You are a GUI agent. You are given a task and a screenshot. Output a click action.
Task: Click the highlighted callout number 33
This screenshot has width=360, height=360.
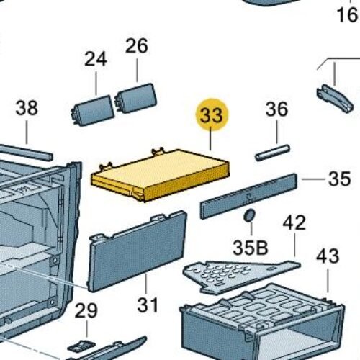click(x=212, y=115)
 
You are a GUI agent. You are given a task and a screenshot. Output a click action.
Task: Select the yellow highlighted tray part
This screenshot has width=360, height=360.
click(x=161, y=175)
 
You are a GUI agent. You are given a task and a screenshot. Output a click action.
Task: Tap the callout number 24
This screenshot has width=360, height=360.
click(x=96, y=59)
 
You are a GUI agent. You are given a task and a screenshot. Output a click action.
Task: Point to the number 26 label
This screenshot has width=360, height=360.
click(x=137, y=46)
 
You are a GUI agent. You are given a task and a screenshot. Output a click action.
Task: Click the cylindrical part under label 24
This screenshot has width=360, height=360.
click(x=93, y=110)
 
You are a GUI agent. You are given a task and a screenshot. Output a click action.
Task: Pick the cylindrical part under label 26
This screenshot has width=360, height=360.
click(x=136, y=98)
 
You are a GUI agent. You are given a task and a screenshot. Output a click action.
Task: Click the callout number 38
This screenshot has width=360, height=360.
click(x=27, y=108)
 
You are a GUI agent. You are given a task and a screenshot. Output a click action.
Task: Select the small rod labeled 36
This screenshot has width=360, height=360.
click(x=272, y=153)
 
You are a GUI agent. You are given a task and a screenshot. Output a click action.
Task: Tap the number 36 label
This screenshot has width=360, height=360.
click(x=276, y=109)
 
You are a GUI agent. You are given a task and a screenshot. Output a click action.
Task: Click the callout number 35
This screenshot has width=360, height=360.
click(x=339, y=179)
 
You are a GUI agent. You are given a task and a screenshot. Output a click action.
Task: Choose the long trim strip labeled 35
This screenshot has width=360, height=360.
click(x=248, y=196)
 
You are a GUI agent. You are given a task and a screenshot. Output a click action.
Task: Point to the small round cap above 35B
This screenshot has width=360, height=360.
click(x=249, y=215)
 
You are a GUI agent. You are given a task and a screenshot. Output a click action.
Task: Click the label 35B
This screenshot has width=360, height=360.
click(x=251, y=248)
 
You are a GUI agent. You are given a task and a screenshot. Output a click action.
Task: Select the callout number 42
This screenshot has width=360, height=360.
click(x=294, y=222)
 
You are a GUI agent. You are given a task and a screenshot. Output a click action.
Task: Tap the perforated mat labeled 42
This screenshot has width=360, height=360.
click(x=241, y=276)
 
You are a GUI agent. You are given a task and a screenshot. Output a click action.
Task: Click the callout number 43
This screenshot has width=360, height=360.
click(x=328, y=256)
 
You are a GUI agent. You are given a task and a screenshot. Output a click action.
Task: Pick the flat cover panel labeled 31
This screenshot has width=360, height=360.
click(x=138, y=251)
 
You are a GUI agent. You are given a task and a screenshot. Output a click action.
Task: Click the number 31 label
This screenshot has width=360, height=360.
click(x=148, y=305)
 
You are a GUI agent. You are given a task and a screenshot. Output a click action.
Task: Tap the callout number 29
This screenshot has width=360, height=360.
click(x=86, y=310)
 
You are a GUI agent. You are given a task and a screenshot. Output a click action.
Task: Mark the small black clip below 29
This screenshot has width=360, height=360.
click(x=81, y=346)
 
